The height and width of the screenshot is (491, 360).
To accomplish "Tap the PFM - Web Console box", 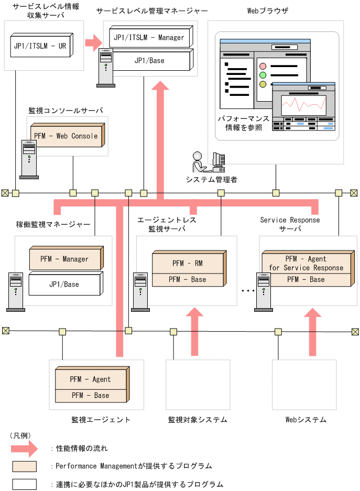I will pos(66,136).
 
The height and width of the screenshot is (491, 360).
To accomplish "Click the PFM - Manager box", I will pos(64,259).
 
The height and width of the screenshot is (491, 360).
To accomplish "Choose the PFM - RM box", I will pos(187,263).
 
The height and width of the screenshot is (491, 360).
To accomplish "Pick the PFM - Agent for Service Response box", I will pos(306,263).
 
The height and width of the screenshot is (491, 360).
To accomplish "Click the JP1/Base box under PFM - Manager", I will pos(64,285).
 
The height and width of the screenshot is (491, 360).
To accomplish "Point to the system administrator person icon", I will pos(198,162).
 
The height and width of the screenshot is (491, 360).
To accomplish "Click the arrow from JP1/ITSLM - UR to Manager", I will pos(94,42).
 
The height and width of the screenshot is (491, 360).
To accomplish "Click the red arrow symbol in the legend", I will pos(24,449).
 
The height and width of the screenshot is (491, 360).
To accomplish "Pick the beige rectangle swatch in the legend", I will pos(25,466).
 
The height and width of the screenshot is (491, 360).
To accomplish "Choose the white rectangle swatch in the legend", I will pos(25,484).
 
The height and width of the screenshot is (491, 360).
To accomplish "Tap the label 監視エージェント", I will pos(101,420).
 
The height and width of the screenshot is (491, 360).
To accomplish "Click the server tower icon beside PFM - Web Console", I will pos(29,159).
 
